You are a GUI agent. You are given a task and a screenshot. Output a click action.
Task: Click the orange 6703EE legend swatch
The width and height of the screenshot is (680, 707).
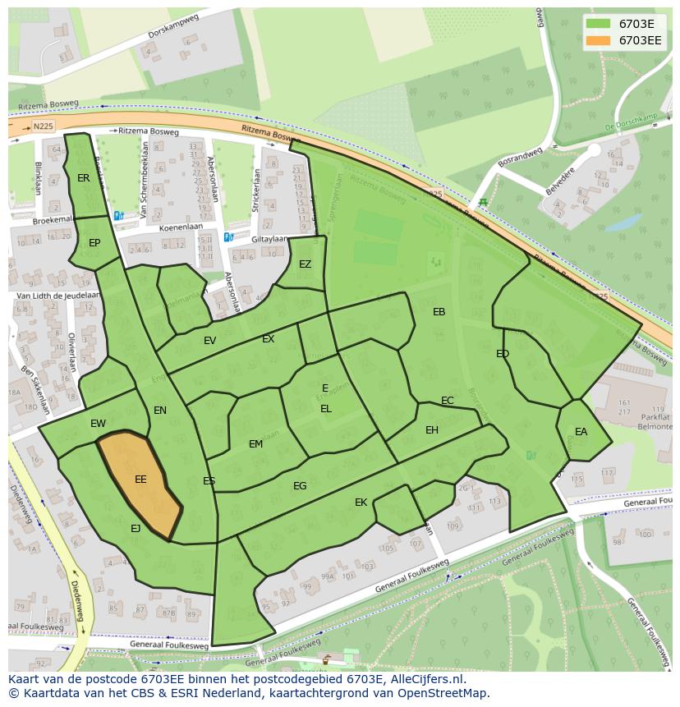pos(599,40)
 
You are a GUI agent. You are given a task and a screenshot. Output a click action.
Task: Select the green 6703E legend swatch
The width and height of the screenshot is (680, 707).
pos(599,24)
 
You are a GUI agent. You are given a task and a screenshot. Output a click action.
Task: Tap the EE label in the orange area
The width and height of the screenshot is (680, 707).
pos(140,480)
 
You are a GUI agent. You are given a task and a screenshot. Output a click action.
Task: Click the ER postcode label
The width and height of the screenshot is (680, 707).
pos(84,178)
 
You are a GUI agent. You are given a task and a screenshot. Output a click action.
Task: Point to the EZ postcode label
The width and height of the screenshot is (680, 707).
pos(305,264)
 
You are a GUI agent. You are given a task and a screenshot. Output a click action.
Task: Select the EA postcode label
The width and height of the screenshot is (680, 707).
pos(581,432)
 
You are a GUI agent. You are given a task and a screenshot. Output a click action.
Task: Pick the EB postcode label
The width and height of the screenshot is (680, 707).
pos(439,312)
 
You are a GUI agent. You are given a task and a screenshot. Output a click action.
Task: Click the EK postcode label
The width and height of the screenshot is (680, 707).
pos(361,503)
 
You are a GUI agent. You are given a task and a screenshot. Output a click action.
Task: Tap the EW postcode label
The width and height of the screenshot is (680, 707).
pos(99,424)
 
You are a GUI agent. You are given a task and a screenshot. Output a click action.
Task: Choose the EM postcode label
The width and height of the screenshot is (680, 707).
pos(255,444)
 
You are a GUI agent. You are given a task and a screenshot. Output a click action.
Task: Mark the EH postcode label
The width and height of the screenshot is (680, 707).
pos(432,430)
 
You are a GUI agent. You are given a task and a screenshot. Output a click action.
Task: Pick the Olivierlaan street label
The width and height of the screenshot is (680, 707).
pos(72,352)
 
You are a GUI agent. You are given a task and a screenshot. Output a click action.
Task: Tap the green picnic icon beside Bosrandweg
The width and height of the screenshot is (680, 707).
pos(483,201)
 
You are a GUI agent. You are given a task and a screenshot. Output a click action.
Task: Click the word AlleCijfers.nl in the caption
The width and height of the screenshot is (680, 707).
pos(426,679)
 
